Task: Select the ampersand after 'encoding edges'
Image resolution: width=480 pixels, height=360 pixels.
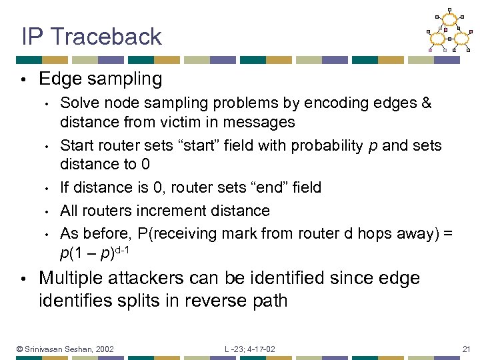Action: [x=426, y=103]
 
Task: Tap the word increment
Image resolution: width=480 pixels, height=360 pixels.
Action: [x=178, y=211]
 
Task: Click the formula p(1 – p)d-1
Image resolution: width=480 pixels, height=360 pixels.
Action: [x=93, y=253]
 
